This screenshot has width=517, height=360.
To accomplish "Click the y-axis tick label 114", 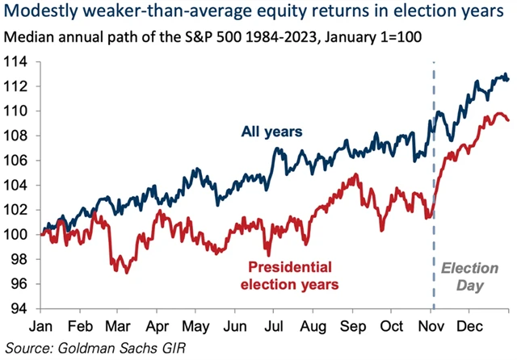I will point(20,61).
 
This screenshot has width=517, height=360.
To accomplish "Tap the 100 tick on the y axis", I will point(20,234).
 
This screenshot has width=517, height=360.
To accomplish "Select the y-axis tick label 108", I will point(20,135).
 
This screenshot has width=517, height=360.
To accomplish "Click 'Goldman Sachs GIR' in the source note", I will point(129,348).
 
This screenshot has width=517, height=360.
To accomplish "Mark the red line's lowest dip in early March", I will point(126,272).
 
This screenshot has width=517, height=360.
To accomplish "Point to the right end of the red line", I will point(508,120).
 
